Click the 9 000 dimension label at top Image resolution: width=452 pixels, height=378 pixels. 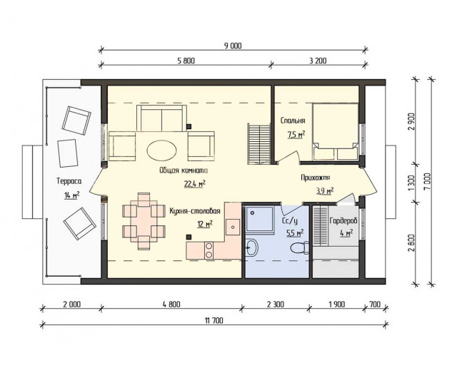233,46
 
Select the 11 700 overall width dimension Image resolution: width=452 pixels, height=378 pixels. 214,320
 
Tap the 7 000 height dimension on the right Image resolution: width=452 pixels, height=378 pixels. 428,181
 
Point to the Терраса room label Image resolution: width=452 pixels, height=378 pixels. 69,181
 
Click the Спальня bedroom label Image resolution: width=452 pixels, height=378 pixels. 293,121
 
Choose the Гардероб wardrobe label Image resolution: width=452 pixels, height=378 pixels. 343,221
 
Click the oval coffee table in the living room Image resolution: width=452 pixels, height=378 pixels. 161,150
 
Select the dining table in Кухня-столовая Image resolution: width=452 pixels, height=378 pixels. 144,221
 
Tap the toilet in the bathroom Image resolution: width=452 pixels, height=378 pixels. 299,247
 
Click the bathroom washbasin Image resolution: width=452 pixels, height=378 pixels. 252,247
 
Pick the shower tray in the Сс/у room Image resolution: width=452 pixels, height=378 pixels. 260,219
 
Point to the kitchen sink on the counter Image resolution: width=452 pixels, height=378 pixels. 233,227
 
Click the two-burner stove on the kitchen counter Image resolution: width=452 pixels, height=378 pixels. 209,250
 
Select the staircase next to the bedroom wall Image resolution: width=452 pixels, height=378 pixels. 258,143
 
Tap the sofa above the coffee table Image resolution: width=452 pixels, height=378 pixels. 161,118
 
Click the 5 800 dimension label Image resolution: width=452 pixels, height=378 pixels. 186,61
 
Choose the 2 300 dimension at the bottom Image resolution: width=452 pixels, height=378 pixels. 276,304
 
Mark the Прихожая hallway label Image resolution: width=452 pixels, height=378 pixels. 316,178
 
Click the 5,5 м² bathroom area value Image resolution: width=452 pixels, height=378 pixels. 295,233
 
